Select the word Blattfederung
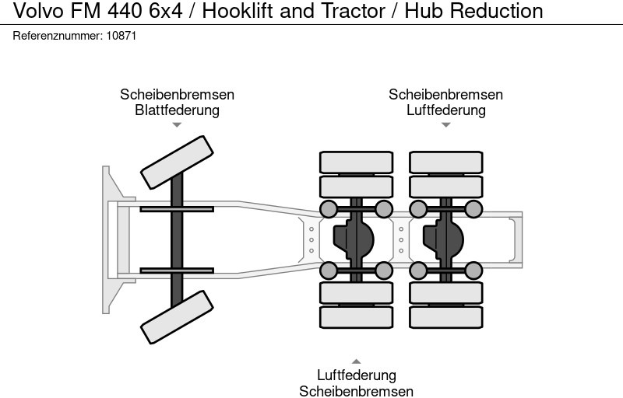pos(177,110)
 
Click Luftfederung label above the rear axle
pos(445,110)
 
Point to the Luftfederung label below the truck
pos(356,375)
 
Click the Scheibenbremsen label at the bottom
pos(356,390)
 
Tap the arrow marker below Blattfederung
pos(177,124)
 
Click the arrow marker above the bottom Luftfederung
pos(356,361)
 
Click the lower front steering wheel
pos(177,317)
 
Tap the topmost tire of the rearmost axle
pos(446,162)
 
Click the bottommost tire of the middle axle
pos(356,317)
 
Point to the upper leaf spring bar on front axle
pos(177,208)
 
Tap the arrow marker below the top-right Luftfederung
pos(445,124)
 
